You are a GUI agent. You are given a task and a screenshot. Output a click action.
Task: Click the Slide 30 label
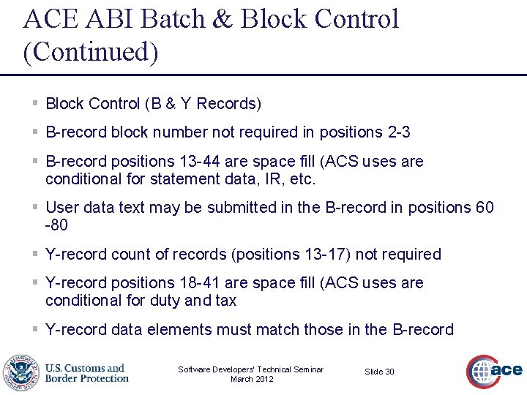coord(379,372)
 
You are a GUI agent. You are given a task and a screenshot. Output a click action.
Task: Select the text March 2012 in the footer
coord(251,379)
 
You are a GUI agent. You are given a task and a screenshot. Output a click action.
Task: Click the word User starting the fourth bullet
coord(62,208)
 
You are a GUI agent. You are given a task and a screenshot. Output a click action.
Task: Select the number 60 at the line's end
coord(485,208)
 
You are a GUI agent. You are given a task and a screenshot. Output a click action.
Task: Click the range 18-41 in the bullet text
coord(220,282)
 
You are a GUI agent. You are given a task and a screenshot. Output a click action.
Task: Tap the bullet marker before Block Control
coord(35,104)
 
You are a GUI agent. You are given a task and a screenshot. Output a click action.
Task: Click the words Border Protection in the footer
coord(86,378)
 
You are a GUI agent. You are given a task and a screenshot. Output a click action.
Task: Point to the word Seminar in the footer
coord(307,369)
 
